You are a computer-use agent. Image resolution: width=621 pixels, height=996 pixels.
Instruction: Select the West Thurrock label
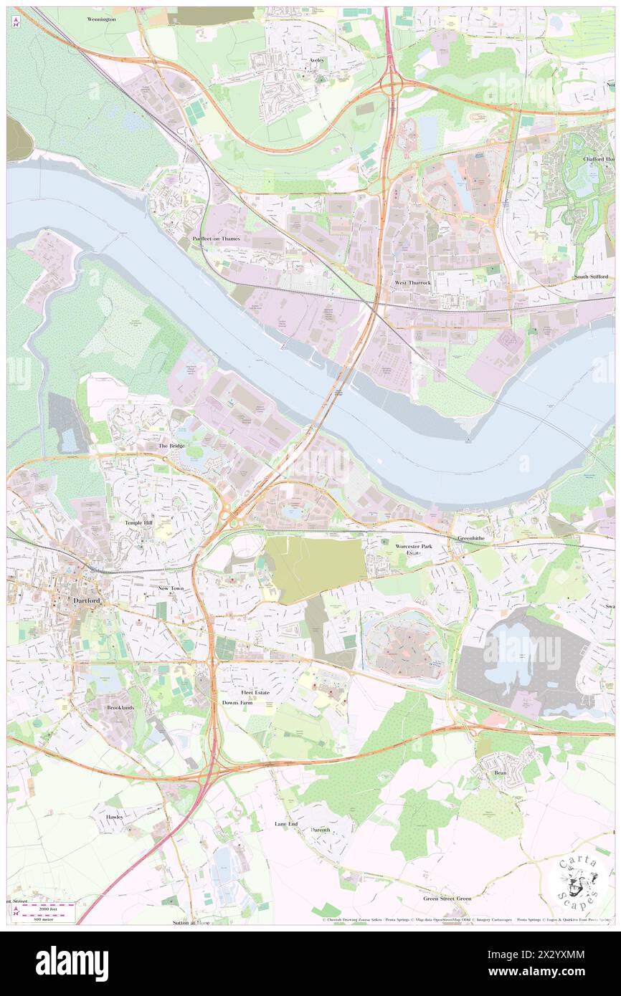point(413,283)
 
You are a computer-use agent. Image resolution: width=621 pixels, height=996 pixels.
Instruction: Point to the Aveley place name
point(317,60)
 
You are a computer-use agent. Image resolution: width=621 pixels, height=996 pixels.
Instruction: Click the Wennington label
point(102,19)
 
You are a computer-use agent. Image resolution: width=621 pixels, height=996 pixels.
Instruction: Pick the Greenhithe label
point(472,537)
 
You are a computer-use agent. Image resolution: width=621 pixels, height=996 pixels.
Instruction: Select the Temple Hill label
point(138,523)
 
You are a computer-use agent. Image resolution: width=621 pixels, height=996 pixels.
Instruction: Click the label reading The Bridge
point(171,446)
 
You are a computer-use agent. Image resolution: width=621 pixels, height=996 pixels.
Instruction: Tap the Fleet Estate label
point(255,693)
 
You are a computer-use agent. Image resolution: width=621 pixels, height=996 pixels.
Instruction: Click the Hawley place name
point(115,817)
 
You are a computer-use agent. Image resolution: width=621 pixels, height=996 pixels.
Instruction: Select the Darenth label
point(321,830)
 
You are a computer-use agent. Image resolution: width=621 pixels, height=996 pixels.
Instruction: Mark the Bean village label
point(500,773)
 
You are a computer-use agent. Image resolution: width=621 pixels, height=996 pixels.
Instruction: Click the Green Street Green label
point(447,899)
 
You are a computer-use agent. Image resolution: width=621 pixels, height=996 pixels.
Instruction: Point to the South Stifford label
point(591,277)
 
